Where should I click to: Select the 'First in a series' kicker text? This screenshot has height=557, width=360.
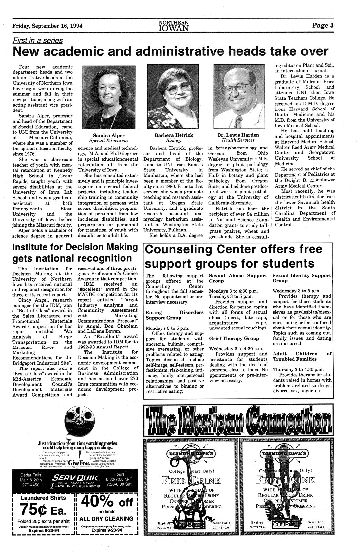pos(38,40)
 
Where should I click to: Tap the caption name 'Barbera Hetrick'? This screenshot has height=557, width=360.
pos(174,135)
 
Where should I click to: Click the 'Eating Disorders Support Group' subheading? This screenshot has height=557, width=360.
pos(174,315)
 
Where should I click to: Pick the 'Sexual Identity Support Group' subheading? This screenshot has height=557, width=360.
pos(302,278)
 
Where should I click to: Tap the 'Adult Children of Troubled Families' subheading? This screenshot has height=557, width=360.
pos(302,356)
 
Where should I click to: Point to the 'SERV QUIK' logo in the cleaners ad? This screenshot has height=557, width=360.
pos(75,476)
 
